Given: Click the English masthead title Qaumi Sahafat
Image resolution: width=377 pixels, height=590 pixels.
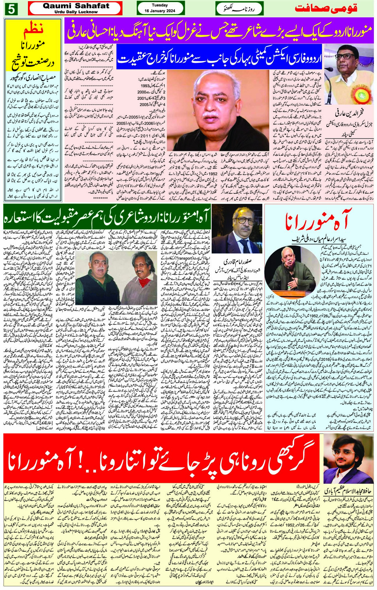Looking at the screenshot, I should point(75,6).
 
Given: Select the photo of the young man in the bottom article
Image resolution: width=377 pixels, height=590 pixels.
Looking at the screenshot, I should point(348,459).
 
